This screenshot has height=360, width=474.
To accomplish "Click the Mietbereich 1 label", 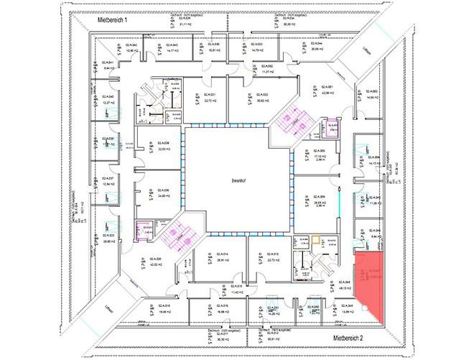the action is point(111,21).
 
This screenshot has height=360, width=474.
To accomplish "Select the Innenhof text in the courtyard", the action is point(239,181).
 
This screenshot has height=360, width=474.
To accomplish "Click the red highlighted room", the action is point(370,285).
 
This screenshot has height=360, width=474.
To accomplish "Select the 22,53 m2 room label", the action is point(164,148).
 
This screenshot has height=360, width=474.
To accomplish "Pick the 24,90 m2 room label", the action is point(163,194).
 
